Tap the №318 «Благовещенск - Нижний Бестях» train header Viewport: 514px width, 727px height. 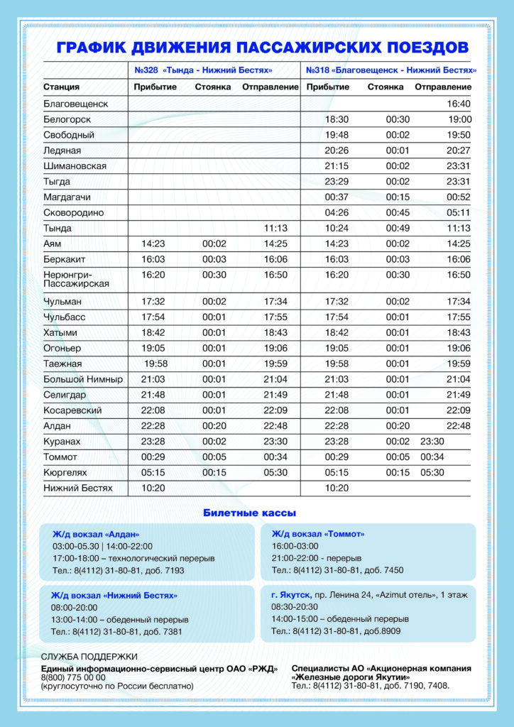pos(390,71)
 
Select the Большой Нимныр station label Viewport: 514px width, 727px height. pos(82,380)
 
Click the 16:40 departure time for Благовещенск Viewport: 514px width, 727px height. pos(459,104)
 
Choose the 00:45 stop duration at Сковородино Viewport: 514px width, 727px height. pos(398,212)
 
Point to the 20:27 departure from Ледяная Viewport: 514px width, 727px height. pos(459,151)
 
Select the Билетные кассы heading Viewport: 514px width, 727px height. pos(249,513)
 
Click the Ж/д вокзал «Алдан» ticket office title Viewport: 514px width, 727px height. pos(96,534)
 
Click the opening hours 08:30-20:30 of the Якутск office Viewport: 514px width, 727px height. pos(295,607)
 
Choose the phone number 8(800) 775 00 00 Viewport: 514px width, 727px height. pos(73,677)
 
